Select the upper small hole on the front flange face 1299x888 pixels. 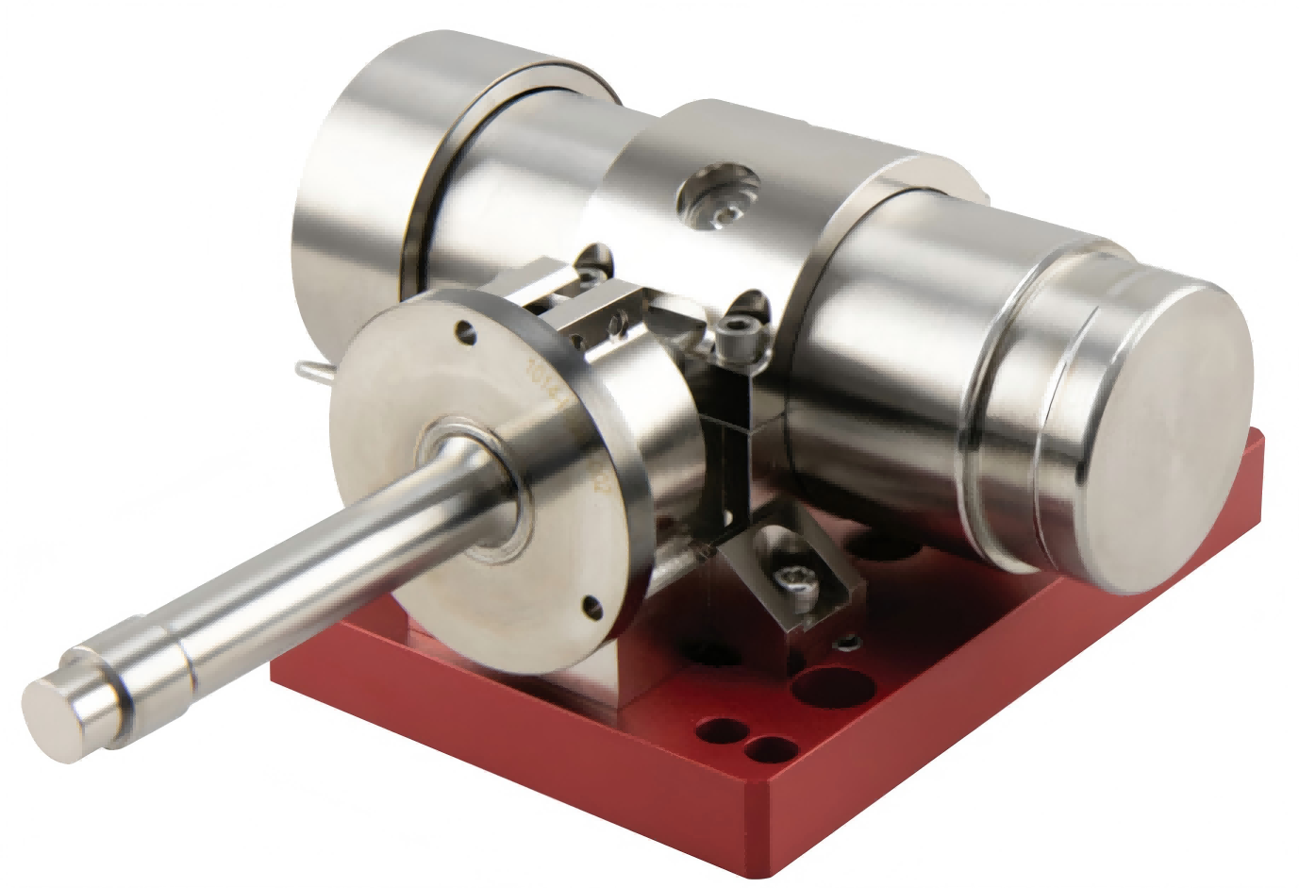point(462,331)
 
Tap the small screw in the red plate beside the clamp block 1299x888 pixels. point(846,643)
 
